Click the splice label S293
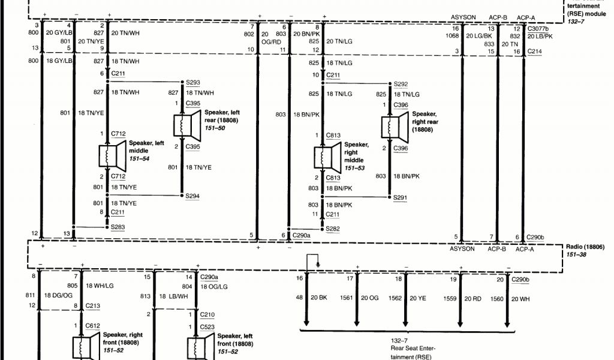(192, 82)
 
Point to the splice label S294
(192, 196)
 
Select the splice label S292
(401, 84)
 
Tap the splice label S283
(118, 226)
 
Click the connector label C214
(535, 52)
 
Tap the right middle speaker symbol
(327, 157)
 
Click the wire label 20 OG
(370, 298)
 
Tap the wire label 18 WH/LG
(100, 286)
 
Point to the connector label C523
(208, 326)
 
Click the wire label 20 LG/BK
(479, 36)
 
